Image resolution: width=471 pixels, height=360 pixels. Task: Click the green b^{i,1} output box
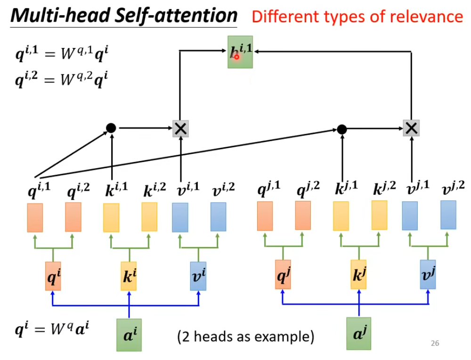tap(240, 52)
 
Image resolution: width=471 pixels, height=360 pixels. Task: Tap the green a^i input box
tap(129, 334)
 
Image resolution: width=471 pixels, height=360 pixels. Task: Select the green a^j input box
tap(358, 333)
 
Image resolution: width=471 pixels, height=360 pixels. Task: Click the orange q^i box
tap(53, 276)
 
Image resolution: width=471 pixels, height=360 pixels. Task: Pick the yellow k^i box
tap(129, 276)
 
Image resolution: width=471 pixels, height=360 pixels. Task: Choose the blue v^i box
tap(198, 276)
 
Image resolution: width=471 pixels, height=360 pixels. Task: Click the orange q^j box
tap(283, 274)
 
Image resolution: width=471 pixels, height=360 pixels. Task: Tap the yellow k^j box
tap(358, 274)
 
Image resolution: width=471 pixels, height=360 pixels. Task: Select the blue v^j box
tap(428, 274)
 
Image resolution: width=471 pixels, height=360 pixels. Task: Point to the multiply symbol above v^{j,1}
tap(412, 128)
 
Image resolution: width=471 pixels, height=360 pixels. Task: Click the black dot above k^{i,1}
tap(111, 128)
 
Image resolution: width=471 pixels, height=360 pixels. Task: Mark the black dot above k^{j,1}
tap(342, 129)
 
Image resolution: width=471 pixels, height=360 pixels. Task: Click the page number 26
tap(435, 344)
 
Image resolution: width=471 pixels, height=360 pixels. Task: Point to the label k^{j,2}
tap(384, 189)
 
